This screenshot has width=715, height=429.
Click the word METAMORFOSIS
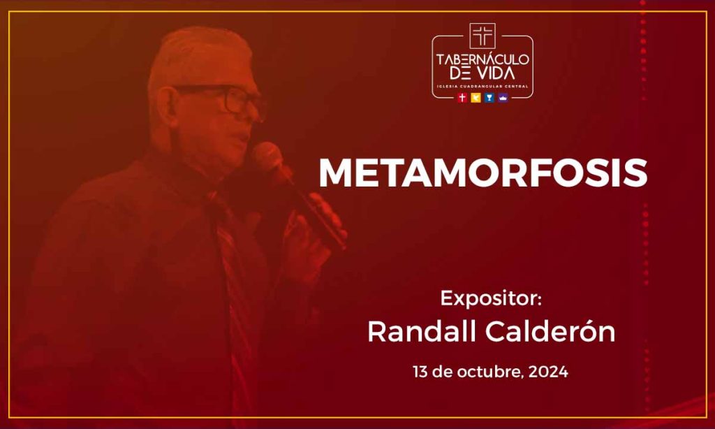pyautogui.click(x=482, y=173)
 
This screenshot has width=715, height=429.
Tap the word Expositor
pyautogui.click(x=490, y=298)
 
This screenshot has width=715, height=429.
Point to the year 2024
pyautogui.click(x=548, y=372)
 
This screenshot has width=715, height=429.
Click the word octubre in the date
pyautogui.click(x=487, y=372)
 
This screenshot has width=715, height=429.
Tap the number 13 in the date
pyautogui.click(x=420, y=372)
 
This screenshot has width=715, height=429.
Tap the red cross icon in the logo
pyautogui.click(x=462, y=98)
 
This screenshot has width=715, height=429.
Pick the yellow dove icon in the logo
pyautogui.click(x=476, y=98)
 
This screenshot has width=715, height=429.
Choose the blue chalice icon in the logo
pyautogui.click(x=489, y=98)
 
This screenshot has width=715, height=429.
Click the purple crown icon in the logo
pyautogui.click(x=502, y=98)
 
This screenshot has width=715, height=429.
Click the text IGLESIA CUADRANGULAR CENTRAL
pyautogui.click(x=482, y=86)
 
